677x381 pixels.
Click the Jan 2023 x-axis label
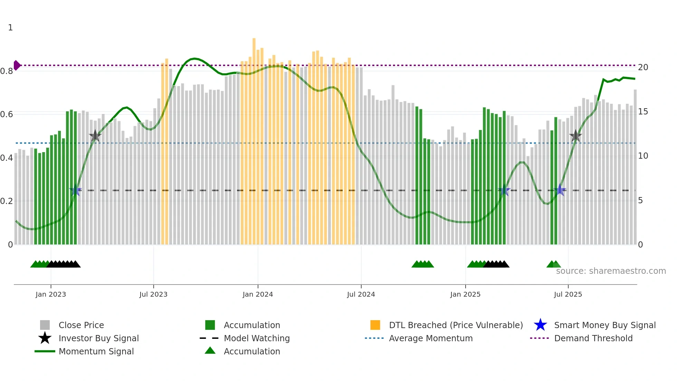(x=51, y=294)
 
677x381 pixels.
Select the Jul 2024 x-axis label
(x=361, y=294)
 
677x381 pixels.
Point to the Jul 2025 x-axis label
(x=568, y=294)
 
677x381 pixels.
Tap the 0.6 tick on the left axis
(x=7, y=114)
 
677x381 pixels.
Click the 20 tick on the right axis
(x=643, y=67)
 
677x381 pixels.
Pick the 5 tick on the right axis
(x=640, y=201)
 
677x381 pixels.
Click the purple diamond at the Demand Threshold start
(x=17, y=65)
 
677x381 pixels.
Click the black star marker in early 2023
(x=95, y=136)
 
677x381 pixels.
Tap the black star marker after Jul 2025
(x=575, y=136)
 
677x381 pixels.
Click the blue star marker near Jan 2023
(x=75, y=191)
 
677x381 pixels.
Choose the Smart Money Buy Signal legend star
(x=540, y=325)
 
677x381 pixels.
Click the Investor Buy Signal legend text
(x=99, y=338)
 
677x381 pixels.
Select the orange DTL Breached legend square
(x=375, y=325)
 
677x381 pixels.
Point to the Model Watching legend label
(x=257, y=338)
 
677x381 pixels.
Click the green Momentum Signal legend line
(x=45, y=351)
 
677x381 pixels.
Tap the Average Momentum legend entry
(x=431, y=338)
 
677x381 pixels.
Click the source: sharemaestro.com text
(x=611, y=271)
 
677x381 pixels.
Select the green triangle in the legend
(x=210, y=351)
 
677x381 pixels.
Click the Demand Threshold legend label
(x=593, y=338)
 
